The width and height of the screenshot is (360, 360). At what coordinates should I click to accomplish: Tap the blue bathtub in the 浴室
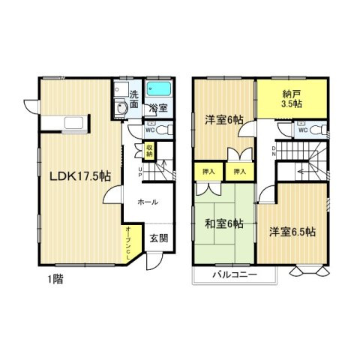158,91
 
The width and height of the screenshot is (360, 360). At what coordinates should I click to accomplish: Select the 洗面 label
134,100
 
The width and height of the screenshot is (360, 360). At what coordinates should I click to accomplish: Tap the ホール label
146,202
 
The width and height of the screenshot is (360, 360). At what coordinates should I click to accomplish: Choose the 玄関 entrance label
157,238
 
